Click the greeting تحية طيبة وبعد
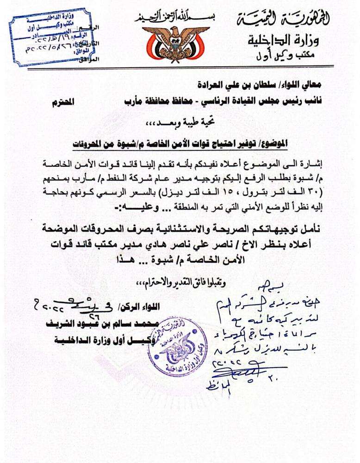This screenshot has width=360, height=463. pos(179,124)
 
